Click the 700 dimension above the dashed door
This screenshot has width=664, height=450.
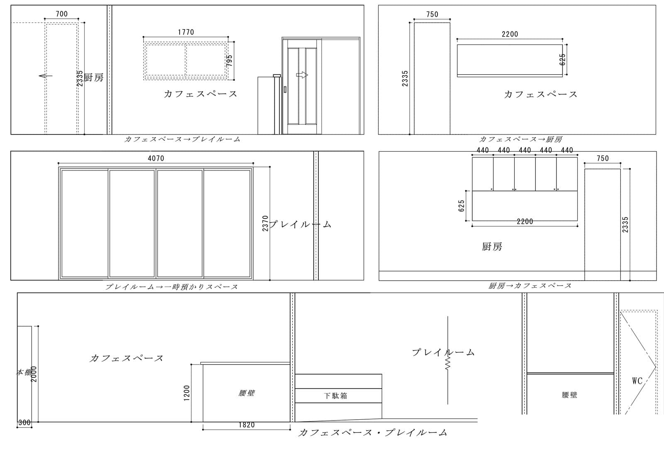tap(62, 14)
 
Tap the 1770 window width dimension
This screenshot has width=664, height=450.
tap(186, 32)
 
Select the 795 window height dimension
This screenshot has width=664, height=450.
tap(229, 61)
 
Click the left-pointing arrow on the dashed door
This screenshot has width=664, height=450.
tap(45, 76)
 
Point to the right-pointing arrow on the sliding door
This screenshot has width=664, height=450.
tap(302, 75)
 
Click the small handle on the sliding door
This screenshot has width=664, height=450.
tap(285, 89)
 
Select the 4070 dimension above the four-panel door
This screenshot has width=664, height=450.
tap(156, 158)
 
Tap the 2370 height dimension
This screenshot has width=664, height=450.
tap(265, 223)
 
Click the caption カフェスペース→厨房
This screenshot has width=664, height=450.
tap(520, 139)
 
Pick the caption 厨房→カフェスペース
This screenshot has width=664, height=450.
tap(530, 286)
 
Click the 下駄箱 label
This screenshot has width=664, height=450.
tap(335, 396)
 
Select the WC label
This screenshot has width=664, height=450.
tap(637, 381)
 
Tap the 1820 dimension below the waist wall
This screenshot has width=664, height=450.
tap(247, 425)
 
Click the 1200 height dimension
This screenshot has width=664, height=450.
tap(187, 393)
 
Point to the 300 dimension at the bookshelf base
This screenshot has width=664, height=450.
tap(24, 423)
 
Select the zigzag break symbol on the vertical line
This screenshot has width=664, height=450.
tap(448, 363)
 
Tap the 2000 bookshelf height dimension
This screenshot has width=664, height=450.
tap(34, 374)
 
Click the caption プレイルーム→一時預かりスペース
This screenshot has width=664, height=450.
tap(172, 287)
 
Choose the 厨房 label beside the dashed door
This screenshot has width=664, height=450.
tap(94, 78)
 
